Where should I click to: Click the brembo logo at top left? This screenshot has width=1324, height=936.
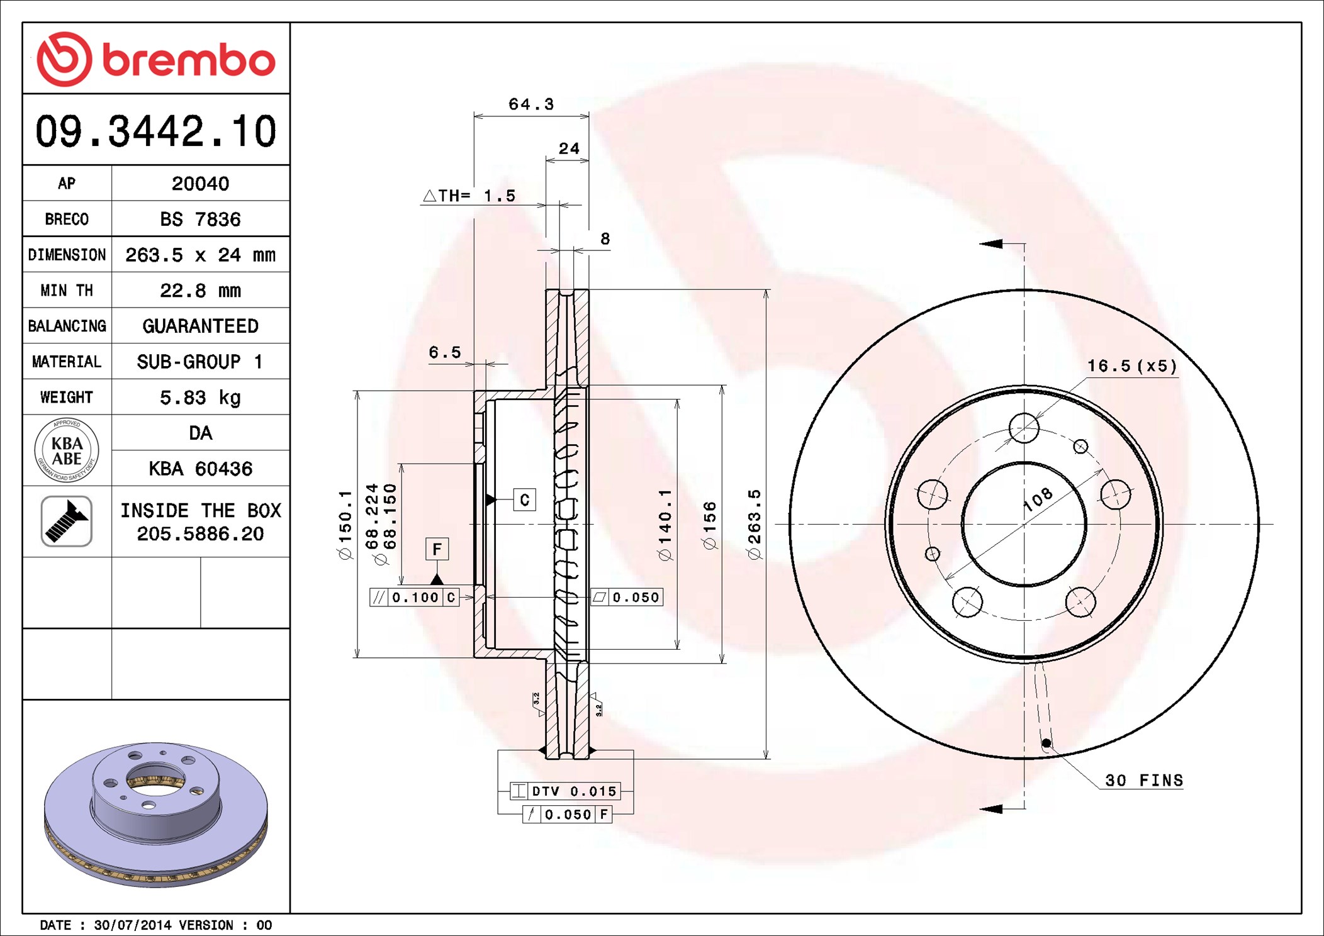point(156,59)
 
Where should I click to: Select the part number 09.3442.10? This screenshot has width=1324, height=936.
point(156,131)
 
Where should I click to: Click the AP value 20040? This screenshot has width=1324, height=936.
point(200,184)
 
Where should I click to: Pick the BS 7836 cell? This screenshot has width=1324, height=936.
point(200,219)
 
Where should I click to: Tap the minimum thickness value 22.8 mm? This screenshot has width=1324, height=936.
point(200,291)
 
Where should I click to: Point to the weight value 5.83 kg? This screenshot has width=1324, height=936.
point(200,398)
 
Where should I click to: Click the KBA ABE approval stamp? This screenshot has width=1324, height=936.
point(67,450)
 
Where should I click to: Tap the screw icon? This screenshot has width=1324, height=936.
point(67,521)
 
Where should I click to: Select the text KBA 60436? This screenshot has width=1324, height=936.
point(200,469)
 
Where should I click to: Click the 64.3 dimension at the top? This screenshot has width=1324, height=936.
point(531,104)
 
